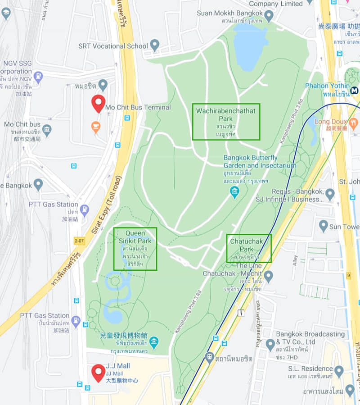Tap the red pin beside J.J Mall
pyautogui.click(x=99, y=372)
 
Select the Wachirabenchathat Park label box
pyautogui.click(x=226, y=122)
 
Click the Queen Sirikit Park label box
pyautogui.click(x=135, y=249)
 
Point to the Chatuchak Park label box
pyautogui.click(x=249, y=248)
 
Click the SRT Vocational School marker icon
pyautogui.click(x=155, y=45)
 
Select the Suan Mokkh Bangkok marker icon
pyautogui.click(x=269, y=16)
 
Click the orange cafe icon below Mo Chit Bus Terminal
pyautogui.click(x=96, y=127)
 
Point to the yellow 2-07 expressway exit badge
pyautogui.click(x=80, y=241)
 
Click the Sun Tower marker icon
pyautogui.click(x=323, y=226)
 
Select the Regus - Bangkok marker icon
pyautogui.click(x=330, y=195)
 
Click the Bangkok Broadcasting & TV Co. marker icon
pyautogui.click(x=270, y=345)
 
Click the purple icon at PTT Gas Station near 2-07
pyautogui.click(x=85, y=209)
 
